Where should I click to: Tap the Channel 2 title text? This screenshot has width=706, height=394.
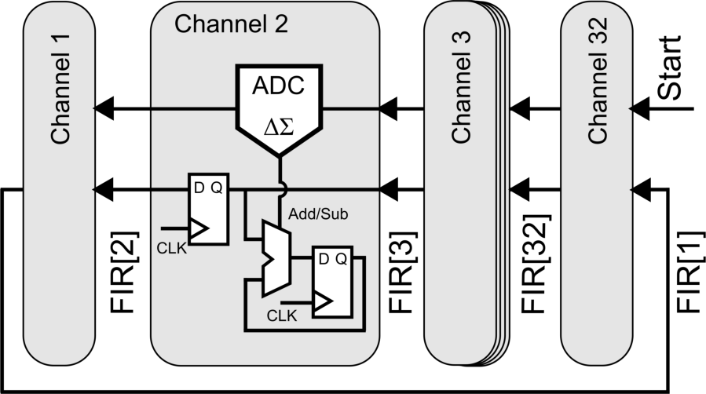tap(231, 24)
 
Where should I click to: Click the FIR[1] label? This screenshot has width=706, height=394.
tap(687, 271)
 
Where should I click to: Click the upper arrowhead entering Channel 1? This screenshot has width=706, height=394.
tap(103, 108)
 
